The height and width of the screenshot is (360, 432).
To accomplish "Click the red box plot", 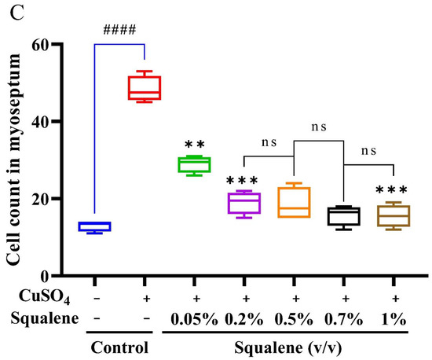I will click(145, 87).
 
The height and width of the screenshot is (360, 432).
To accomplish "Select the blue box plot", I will click(95, 226).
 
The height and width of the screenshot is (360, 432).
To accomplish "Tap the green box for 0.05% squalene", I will click(195, 164).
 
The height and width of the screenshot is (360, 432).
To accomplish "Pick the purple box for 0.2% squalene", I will click(244, 203).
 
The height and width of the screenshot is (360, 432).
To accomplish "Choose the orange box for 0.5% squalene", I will click(295, 202).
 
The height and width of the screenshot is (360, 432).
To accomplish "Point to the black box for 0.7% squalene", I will click(344, 216).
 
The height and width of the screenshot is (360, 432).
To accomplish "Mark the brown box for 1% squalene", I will click(394, 215).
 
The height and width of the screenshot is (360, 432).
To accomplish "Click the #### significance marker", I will click(119, 31).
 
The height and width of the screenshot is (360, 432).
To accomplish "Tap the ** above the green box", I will click(195, 145).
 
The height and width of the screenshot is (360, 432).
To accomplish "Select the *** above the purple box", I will click(244, 180).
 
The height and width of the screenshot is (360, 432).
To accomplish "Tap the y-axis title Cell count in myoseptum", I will click(16, 157).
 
